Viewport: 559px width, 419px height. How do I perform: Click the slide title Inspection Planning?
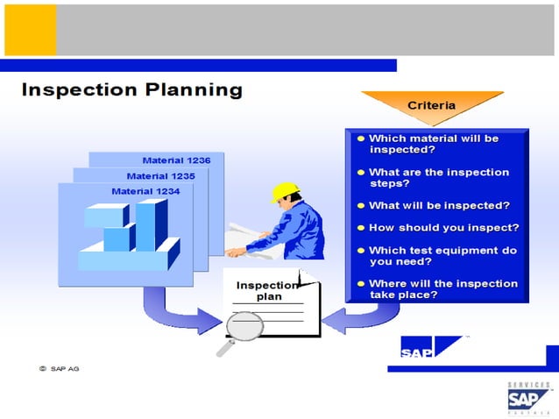point(131,90)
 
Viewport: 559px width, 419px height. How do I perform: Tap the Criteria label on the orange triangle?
point(431,105)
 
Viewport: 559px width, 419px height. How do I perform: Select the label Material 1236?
point(176,160)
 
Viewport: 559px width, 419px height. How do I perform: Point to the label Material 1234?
point(145,190)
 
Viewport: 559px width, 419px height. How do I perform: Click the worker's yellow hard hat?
point(285,192)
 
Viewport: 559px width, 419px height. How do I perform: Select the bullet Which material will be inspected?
point(433,144)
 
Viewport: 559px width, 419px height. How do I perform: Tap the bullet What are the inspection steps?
point(438,178)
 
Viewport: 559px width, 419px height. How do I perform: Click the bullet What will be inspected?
point(438,205)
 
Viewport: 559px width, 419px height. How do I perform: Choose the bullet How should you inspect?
point(442,227)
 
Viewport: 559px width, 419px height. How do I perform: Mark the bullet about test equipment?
point(442,255)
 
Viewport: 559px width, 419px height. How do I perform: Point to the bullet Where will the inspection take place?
point(442,289)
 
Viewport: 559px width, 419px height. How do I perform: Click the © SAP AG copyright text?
point(59,368)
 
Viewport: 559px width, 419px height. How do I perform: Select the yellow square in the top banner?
point(30,30)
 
